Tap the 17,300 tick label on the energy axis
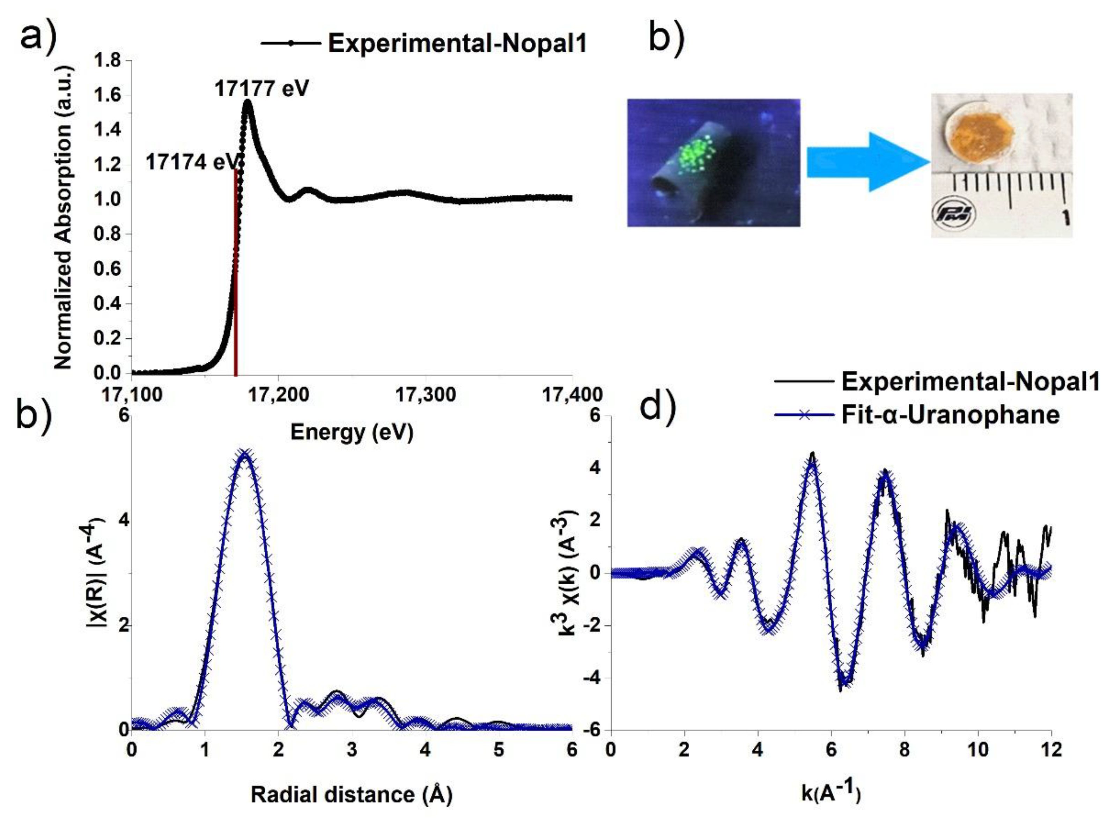pyautogui.click(x=426, y=394)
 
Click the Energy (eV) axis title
pyautogui.click(x=352, y=432)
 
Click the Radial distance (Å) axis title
pyautogui.click(x=351, y=795)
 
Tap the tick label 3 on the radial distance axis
pyautogui.click(x=352, y=750)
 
